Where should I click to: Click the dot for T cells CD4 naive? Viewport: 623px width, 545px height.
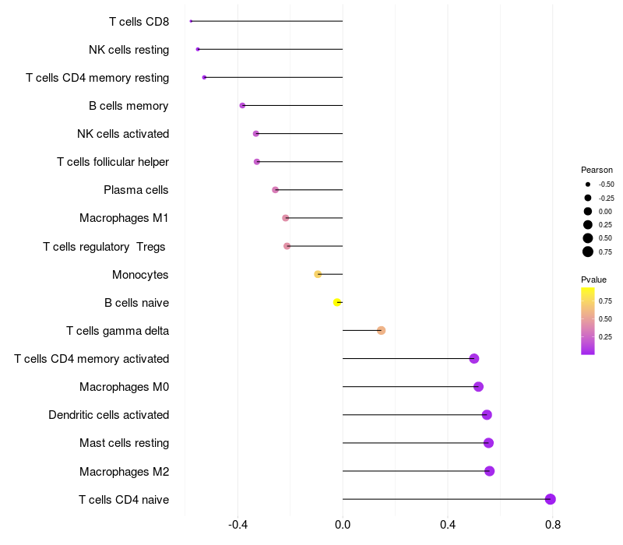coord(551,499)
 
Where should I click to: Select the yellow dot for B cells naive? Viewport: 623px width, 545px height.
coord(337,302)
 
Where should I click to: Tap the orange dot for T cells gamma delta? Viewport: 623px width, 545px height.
coord(381,331)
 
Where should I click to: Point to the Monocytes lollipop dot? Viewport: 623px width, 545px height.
coord(318,274)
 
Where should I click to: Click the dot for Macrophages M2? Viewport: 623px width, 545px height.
coord(489,471)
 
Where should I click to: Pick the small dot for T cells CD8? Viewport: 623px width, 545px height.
coord(191,21)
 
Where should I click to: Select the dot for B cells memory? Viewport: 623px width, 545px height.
coord(242,105)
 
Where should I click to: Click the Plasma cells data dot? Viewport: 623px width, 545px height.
coord(275,190)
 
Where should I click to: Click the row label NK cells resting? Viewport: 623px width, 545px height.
coord(128,50)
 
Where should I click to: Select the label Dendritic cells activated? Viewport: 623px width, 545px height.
coord(108,415)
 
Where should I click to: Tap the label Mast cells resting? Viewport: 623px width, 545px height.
coord(124,443)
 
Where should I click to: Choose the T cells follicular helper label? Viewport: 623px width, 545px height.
coord(113,162)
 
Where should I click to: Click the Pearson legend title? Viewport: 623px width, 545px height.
coord(597,170)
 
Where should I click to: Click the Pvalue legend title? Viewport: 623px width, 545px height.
coord(593,280)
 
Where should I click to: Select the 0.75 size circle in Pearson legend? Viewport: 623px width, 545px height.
coord(588,251)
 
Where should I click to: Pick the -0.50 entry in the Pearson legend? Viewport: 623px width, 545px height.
coord(588,185)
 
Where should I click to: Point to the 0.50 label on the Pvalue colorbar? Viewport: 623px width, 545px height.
coord(605,318)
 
